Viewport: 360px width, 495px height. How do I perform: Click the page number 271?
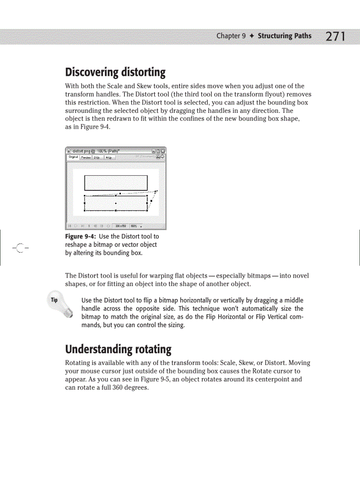tap(335, 36)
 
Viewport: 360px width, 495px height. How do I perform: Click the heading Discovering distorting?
tap(115, 72)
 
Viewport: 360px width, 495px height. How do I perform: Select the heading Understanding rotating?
tap(118, 350)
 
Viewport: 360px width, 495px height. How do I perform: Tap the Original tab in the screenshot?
tap(73, 157)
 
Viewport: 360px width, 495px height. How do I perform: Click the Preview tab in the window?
tap(86, 157)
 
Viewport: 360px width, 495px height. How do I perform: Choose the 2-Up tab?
tap(96, 157)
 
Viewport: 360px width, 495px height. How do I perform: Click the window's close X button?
tap(163, 151)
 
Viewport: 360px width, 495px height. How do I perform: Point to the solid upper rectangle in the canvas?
tap(116, 182)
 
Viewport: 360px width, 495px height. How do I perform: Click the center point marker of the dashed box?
tap(116, 203)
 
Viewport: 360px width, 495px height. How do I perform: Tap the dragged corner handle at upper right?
tap(156, 191)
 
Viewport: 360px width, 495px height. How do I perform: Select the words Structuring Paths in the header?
tap(284, 36)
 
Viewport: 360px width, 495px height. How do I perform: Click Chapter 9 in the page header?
tap(231, 36)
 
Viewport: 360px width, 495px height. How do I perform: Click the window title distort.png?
tap(80, 151)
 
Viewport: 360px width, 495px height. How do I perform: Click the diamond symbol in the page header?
tap(251, 36)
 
